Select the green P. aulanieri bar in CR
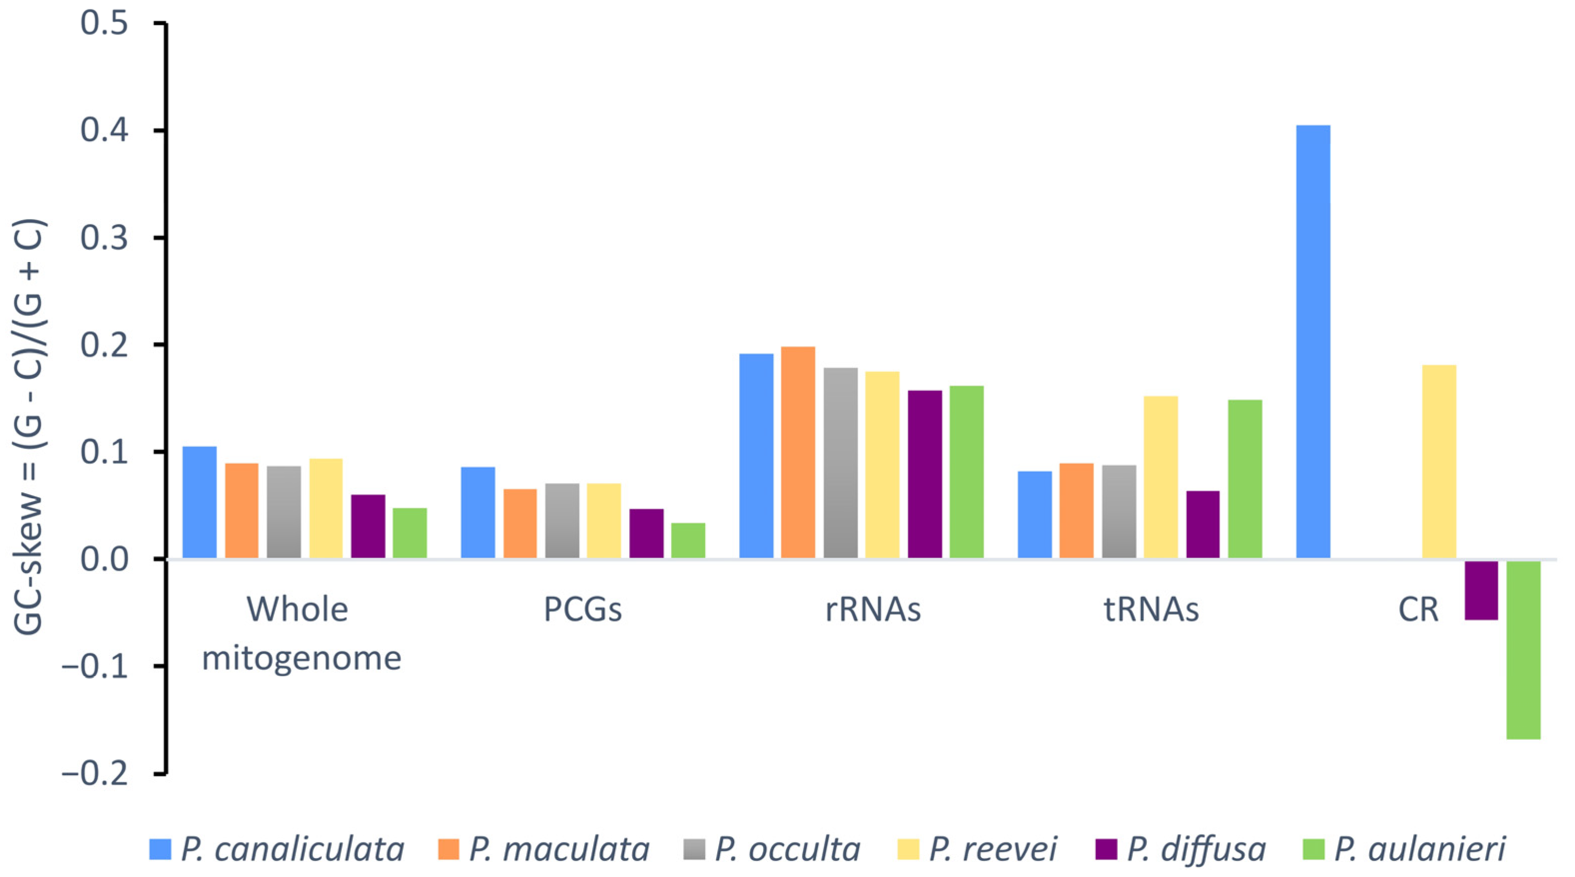(1523, 649)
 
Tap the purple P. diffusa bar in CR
(1481, 590)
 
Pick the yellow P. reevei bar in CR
(1439, 462)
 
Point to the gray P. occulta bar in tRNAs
(1119, 511)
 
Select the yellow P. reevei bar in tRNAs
(1160, 477)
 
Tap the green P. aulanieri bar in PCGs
(688, 540)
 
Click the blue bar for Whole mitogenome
(199, 502)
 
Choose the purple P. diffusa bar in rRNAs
(924, 474)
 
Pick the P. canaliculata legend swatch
(160, 850)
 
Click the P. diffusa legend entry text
(1196, 850)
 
